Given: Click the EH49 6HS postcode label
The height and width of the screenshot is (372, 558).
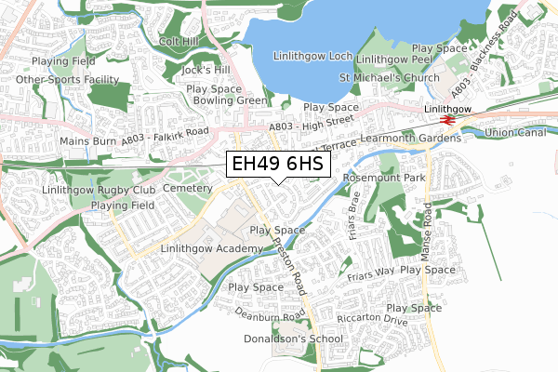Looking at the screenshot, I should pos(278,165).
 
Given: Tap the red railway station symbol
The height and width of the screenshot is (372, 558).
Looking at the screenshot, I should pos(447,119).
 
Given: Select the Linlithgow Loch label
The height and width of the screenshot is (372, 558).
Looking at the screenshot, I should pos(312,57).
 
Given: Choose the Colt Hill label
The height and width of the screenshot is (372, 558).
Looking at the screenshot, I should pos(179,42).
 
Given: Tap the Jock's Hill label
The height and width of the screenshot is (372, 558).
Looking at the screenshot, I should pos(206,70).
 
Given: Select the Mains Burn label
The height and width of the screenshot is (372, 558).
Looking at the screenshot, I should pos(86,141).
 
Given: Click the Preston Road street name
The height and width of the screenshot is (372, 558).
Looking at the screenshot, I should pos(289,264).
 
